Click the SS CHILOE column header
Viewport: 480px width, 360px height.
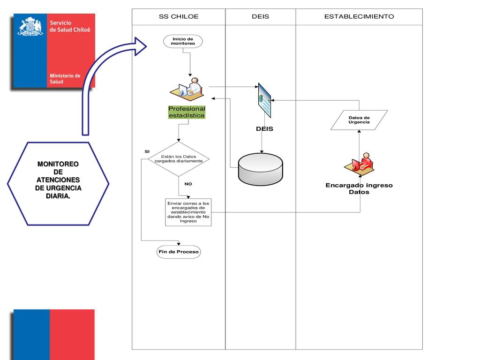179,16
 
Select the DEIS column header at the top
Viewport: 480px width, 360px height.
261,16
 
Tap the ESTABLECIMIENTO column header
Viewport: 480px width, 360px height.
359,16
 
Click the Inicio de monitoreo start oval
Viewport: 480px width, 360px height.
183,41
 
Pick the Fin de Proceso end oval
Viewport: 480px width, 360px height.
179,252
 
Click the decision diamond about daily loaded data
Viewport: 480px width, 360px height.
179,159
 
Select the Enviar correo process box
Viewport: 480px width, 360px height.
188,212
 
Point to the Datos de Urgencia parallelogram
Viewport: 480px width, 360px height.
359,120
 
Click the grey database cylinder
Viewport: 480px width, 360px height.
261,169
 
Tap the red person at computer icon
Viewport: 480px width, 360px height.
360,164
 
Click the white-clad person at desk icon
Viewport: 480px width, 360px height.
187,89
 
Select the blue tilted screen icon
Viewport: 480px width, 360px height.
264,100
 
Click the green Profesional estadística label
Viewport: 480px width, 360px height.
187,112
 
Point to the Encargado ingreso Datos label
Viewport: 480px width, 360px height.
359,188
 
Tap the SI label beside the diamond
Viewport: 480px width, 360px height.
147,151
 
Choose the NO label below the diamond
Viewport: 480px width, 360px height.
188,184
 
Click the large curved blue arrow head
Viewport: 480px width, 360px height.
141,46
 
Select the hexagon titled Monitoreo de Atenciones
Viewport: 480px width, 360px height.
58,184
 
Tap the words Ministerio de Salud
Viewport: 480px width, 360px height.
65,79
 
